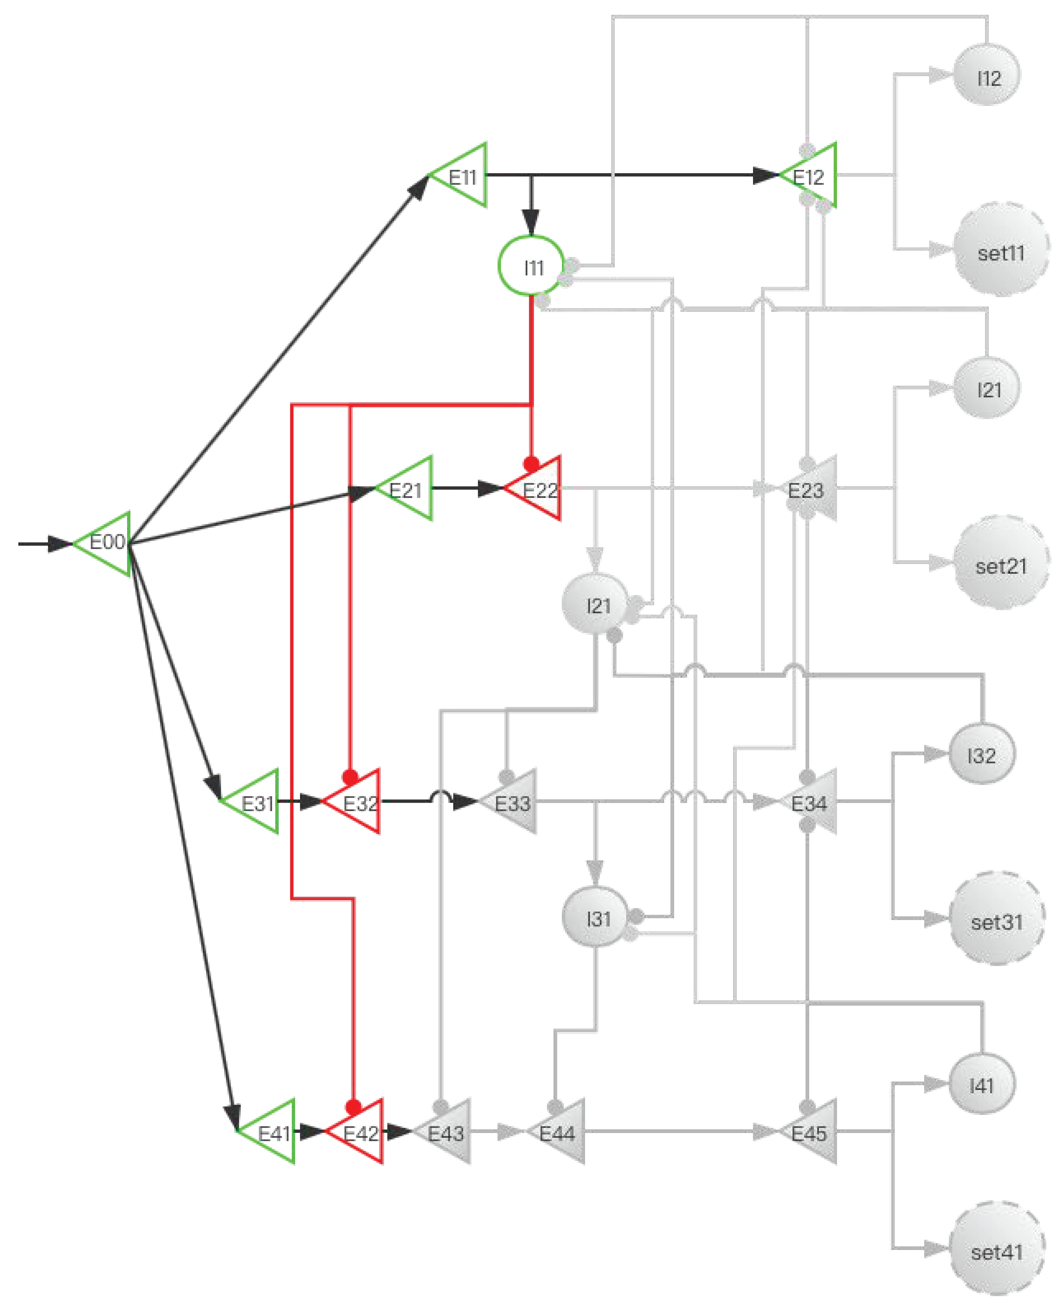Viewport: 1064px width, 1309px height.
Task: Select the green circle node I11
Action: [531, 267]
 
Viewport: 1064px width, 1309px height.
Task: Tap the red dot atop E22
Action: [531, 464]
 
